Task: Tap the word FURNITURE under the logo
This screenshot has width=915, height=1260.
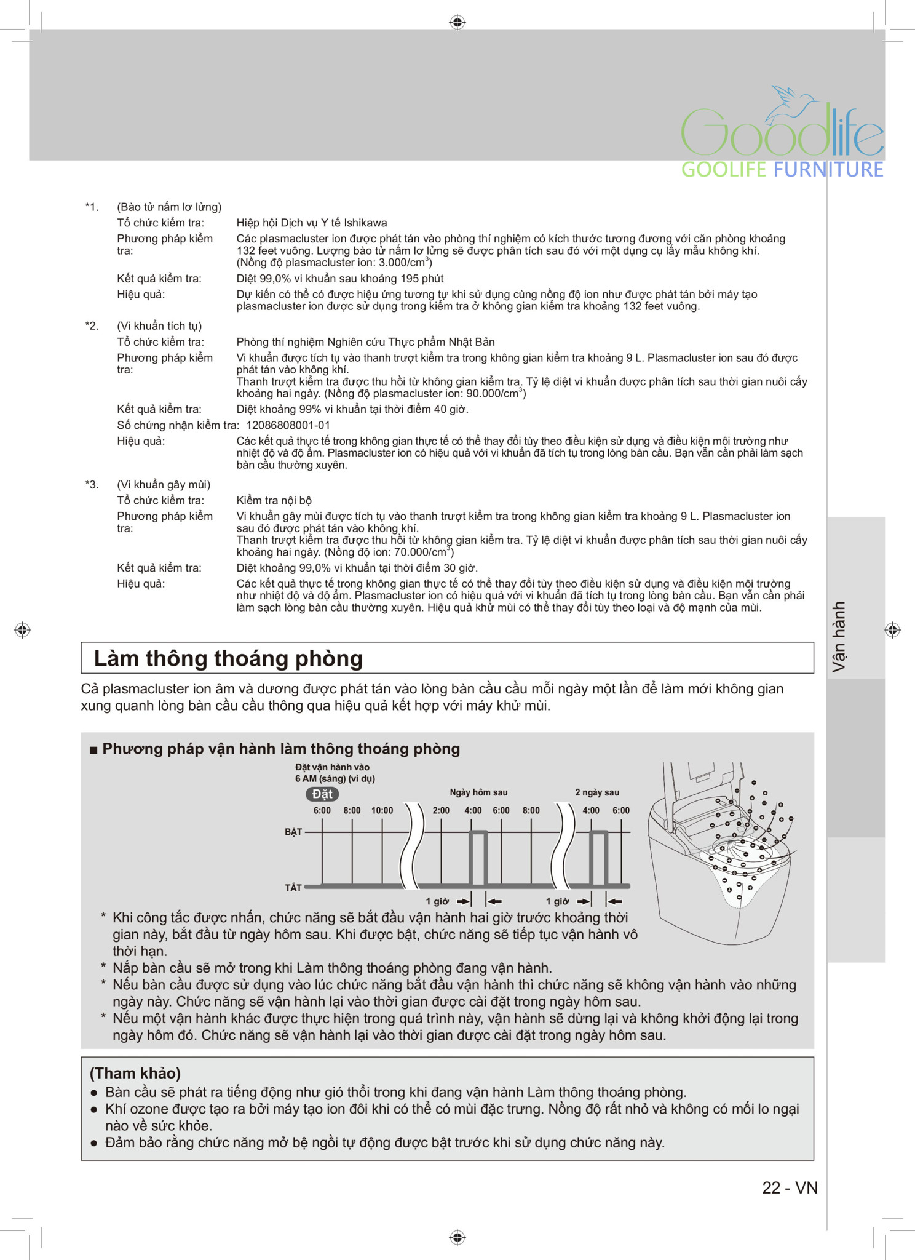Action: [828, 170]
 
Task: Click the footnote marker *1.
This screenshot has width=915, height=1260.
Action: [92, 207]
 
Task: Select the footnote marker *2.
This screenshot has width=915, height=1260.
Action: [92, 326]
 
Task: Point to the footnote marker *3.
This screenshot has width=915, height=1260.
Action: [92, 485]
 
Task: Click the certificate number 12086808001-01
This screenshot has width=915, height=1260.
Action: [288, 425]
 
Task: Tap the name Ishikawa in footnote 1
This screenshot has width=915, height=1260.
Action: [365, 223]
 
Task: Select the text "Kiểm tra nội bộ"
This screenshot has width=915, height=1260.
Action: [274, 500]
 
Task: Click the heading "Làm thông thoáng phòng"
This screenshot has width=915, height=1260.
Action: [228, 658]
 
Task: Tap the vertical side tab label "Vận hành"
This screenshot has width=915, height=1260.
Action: [839, 637]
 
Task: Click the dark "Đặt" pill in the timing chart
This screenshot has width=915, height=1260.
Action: [322, 794]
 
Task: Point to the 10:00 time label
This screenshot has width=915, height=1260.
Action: [382, 811]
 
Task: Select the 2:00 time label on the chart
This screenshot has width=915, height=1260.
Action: [441, 811]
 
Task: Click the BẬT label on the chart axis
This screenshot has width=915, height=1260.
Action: [293, 832]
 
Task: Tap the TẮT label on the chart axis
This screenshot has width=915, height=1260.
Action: [293, 888]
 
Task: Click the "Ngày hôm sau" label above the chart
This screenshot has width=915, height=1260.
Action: [478, 792]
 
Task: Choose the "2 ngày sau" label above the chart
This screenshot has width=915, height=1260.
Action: [597, 792]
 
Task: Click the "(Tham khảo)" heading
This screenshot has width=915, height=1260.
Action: [135, 1074]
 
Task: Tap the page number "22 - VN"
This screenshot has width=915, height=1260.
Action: [790, 1188]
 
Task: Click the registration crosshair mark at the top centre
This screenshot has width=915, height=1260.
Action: [457, 23]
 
